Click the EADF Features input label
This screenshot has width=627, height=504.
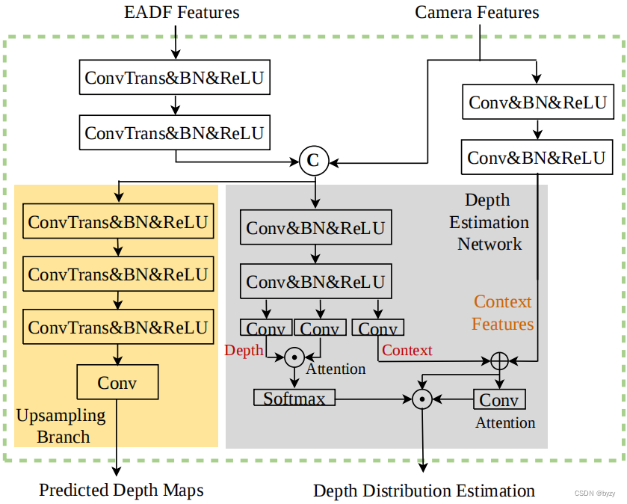182,12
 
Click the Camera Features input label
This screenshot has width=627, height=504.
477,12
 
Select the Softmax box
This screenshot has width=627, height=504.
294,399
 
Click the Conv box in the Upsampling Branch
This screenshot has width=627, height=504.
117,382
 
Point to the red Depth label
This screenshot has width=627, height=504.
244,350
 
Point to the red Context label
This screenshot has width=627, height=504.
407,350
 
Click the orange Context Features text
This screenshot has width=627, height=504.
503,313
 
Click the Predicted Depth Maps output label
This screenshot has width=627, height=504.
121,490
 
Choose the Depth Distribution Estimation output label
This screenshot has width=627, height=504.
424,491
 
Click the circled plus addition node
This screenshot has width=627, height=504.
498,360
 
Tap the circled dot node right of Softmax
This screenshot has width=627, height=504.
422,399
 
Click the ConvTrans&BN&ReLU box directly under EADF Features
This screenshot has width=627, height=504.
174,77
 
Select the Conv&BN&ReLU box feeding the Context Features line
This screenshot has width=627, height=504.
536,158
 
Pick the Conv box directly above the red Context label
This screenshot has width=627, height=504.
378,328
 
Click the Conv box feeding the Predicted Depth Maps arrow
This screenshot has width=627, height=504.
117,382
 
